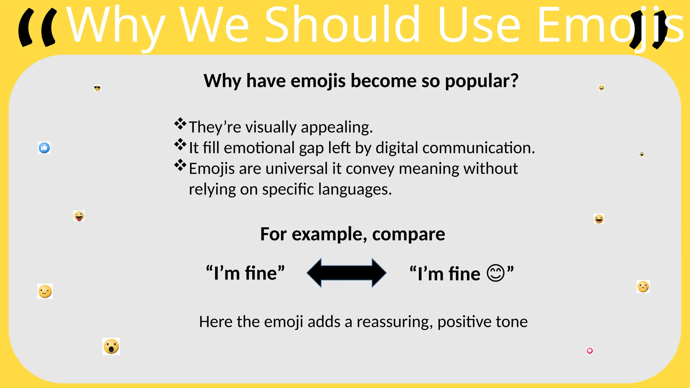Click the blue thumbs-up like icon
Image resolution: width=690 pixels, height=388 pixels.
[x=44, y=148]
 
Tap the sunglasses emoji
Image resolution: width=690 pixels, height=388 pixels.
[x=97, y=88]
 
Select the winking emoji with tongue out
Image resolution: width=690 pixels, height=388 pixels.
[x=79, y=216]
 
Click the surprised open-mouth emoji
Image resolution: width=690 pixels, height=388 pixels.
[x=111, y=346]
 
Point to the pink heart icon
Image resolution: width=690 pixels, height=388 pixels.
[x=590, y=351]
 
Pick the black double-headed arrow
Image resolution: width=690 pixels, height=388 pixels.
[x=346, y=273]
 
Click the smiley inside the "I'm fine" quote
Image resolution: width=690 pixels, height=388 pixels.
[x=496, y=273]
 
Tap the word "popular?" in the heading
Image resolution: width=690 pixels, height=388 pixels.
[x=481, y=81]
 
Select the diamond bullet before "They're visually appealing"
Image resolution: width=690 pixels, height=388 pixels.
[x=180, y=124]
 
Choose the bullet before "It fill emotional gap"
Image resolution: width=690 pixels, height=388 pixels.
[x=180, y=144]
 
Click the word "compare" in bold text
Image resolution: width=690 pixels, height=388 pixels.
[x=408, y=234]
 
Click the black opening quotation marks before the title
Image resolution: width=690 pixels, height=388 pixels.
[x=37, y=28]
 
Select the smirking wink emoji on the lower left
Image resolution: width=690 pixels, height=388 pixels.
[x=45, y=291]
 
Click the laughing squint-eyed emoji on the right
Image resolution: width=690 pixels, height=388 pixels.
[x=599, y=219]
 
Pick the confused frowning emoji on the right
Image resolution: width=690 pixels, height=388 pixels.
[x=643, y=287]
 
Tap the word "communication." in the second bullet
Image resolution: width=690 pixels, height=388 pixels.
[x=478, y=148]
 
